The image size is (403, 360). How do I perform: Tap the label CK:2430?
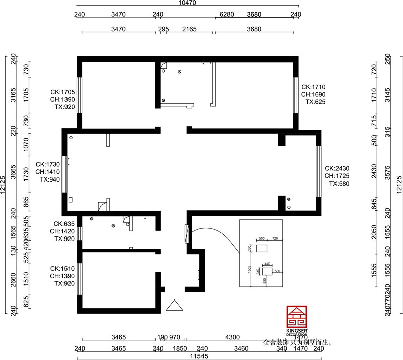point(337,168)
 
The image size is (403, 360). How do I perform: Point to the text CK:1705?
point(62,92)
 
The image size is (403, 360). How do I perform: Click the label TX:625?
point(316,102)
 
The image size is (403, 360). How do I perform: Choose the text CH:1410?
point(48,172)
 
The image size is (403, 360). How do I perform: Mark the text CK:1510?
point(62,269)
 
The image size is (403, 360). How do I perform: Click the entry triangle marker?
point(174,306)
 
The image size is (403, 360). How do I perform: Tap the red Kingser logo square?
point(295,317)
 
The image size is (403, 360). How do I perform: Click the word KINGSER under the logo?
point(295,331)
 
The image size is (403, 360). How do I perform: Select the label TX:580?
point(339,184)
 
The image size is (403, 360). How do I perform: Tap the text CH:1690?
point(314,94)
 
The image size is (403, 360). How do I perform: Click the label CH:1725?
point(337,176)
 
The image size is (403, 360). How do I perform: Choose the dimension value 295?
point(163,29)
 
